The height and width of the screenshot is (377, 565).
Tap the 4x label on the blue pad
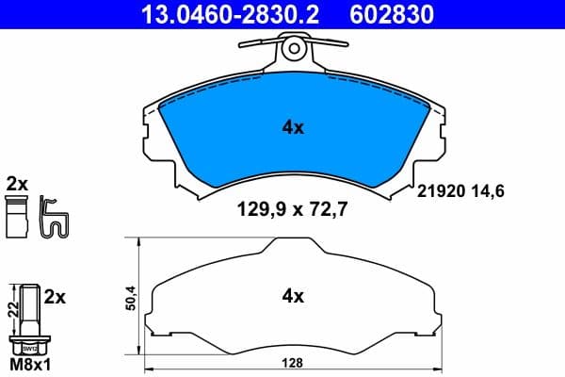(x=294, y=128)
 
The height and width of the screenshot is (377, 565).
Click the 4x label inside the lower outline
(x=294, y=296)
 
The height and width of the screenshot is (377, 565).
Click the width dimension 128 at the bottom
(x=295, y=361)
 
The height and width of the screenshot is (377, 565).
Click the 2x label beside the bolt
(x=55, y=297)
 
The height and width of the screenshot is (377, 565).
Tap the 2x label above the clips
(x=16, y=183)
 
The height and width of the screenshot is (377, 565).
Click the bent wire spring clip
(x=56, y=218)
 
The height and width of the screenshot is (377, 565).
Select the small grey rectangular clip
(x=16, y=219)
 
